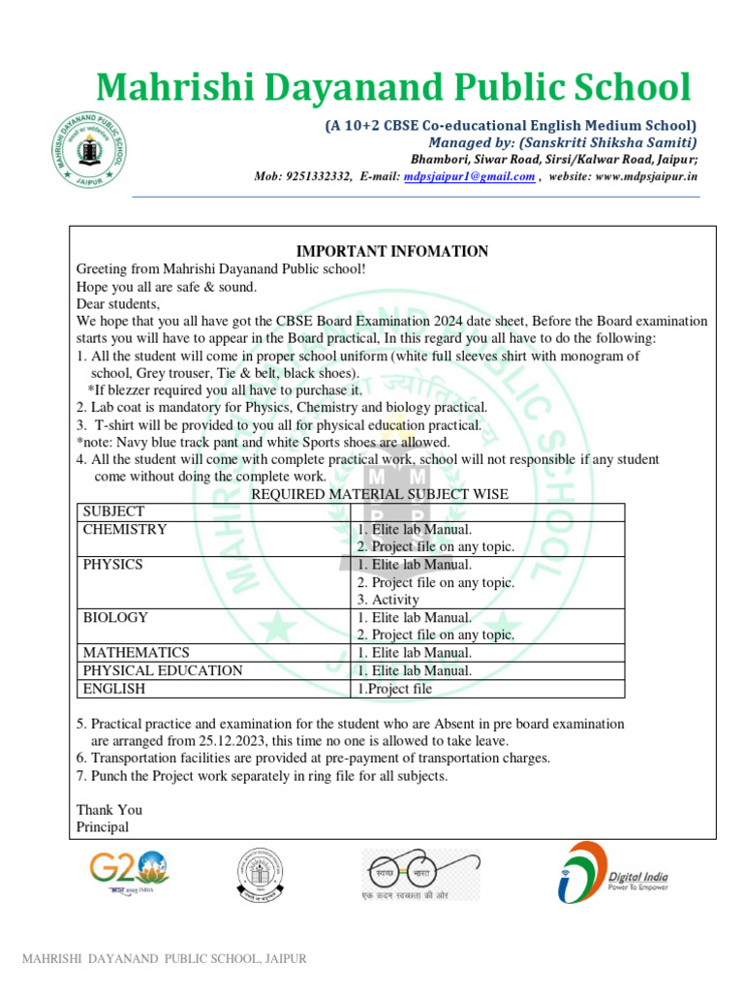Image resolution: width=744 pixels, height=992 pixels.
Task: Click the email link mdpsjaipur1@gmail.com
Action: [x=470, y=176]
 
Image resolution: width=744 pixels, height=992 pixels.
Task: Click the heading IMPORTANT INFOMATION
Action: [x=392, y=251]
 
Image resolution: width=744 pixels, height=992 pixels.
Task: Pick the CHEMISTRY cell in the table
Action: [x=125, y=530]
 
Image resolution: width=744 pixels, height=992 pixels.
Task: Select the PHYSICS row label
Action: [x=113, y=565]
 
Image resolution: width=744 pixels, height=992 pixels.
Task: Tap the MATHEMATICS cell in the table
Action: [x=137, y=653]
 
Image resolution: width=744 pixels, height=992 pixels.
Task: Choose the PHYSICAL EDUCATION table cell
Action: [x=163, y=670]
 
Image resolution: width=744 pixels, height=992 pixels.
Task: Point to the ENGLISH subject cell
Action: [x=114, y=689]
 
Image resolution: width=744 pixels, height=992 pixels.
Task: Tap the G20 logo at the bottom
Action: [x=129, y=875]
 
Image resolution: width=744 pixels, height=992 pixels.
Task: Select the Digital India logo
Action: [x=612, y=873]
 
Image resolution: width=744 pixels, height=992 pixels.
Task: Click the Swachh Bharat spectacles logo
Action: [x=420, y=875]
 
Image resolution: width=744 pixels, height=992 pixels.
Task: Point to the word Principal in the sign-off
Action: [x=103, y=827]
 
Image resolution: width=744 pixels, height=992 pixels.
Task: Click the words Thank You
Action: [x=109, y=810]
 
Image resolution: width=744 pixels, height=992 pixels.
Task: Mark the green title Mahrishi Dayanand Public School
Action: [x=393, y=88]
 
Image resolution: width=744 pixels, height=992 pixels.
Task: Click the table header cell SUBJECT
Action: [x=113, y=511]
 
